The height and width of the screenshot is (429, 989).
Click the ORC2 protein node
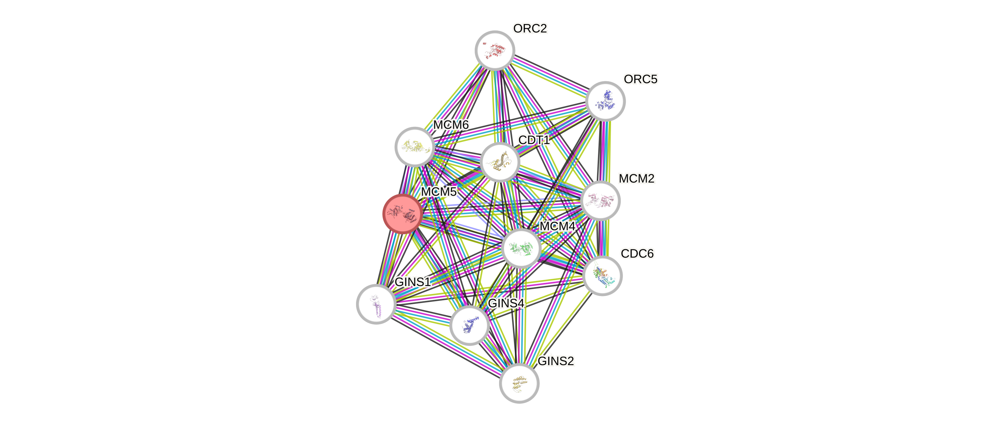(495, 50)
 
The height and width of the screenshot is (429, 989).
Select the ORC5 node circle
(606, 101)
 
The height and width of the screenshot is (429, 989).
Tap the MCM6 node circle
(415, 147)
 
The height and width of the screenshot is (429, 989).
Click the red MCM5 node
(402, 214)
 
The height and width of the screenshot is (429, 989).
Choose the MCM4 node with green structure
(521, 248)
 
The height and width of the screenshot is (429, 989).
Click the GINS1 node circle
(376, 304)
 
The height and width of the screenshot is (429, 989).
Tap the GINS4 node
(469, 325)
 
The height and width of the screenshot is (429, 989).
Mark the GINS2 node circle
(519, 383)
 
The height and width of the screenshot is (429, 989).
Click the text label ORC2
(530, 28)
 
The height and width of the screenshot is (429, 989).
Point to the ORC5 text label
(640, 79)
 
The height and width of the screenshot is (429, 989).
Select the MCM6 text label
(451, 125)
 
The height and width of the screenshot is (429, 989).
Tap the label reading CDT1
(534, 140)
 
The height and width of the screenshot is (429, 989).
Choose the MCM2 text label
(637, 178)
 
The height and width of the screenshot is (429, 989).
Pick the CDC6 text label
(637, 254)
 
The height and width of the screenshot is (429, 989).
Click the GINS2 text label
(556, 361)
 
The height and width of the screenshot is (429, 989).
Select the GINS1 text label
(413, 282)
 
